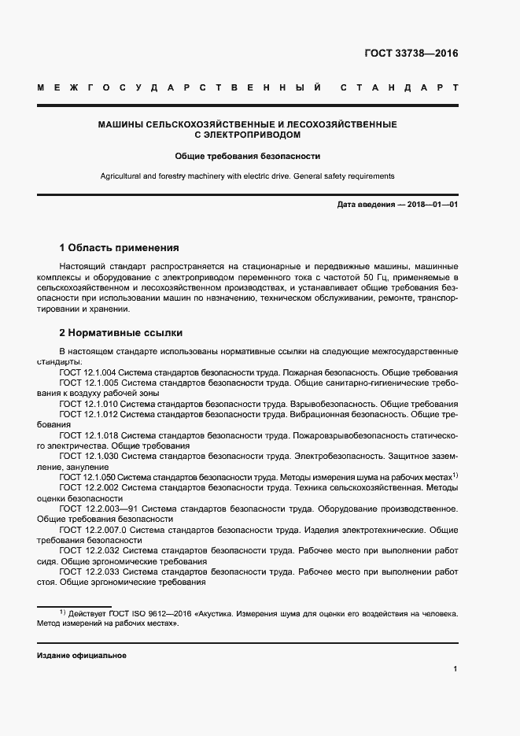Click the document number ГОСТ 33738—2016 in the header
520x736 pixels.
tap(411, 54)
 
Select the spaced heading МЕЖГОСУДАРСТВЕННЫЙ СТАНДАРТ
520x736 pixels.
tap(247, 87)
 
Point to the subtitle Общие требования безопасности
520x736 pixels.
tap(247, 156)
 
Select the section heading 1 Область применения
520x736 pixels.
tap(120, 247)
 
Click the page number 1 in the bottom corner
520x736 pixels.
tap(455, 669)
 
